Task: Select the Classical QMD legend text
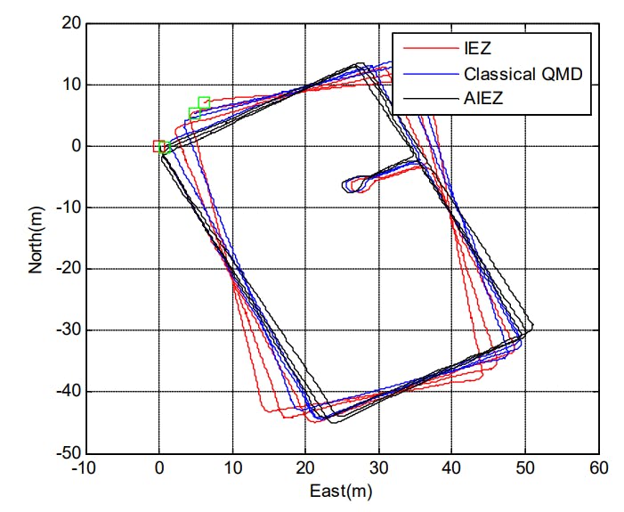pos(523,74)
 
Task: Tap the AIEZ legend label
pos(483,99)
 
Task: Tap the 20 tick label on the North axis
pos(69,24)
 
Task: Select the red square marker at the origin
pos(158,146)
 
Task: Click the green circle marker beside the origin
pos(165,149)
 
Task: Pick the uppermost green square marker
pos(204,102)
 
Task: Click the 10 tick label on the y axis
pos(69,85)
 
